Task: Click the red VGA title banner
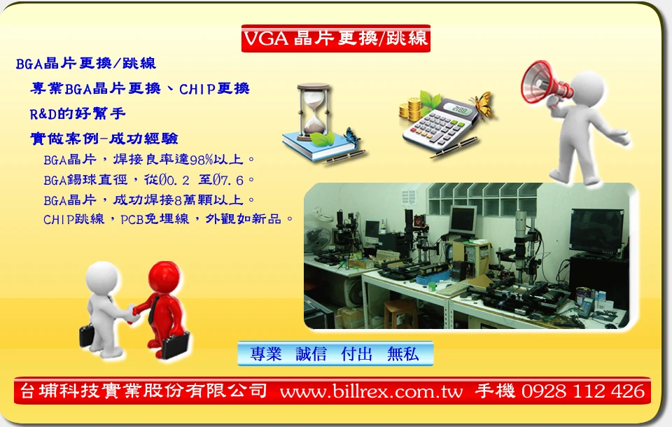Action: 335,38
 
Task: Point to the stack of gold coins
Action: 411,109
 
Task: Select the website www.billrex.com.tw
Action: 371,391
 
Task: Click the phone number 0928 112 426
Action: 583,391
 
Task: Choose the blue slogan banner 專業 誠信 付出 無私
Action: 335,353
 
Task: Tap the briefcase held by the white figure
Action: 87,336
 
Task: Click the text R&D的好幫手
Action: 78,113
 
